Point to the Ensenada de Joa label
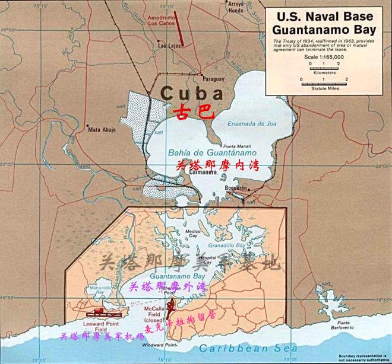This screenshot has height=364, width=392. coord(249,124)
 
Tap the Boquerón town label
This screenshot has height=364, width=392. coord(236,187)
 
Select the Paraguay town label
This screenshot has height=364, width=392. coord(213,79)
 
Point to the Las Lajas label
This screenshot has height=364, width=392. coord(168,45)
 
